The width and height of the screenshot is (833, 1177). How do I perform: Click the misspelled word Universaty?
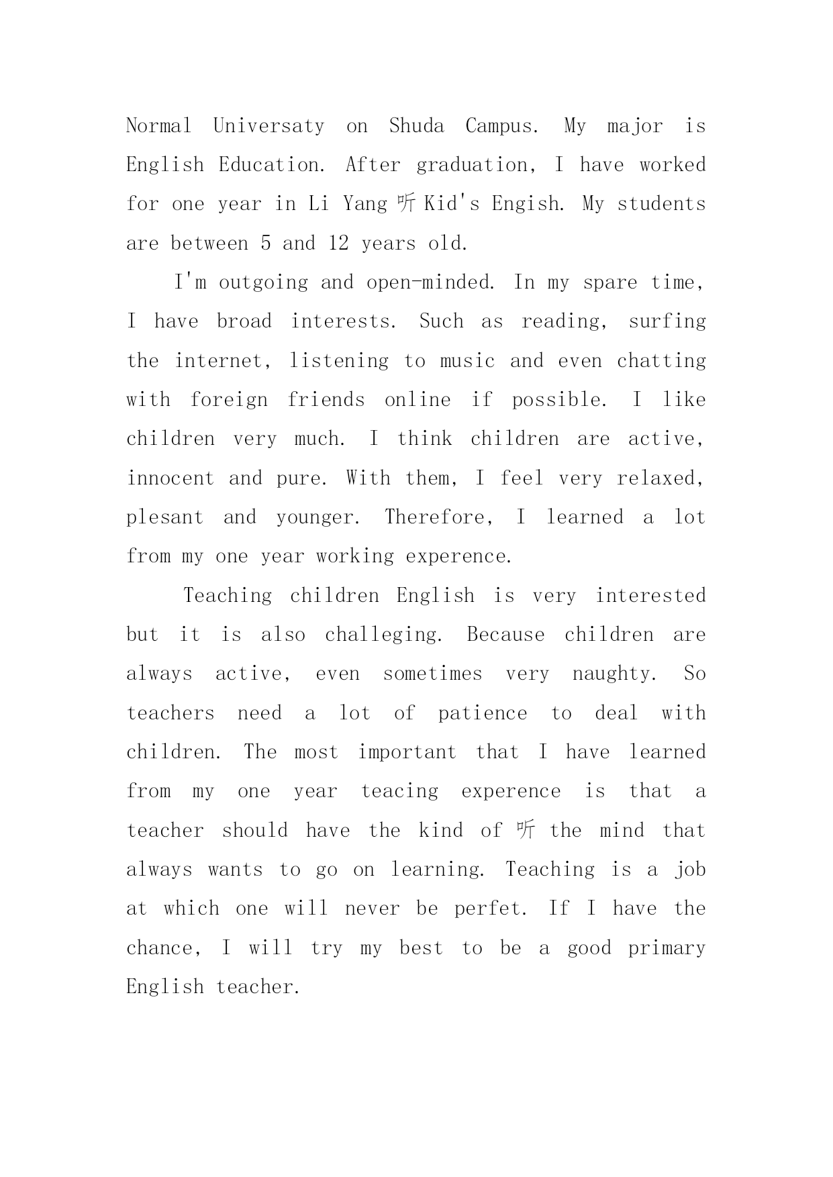click(268, 126)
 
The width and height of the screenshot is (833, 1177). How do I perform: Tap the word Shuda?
click(416, 126)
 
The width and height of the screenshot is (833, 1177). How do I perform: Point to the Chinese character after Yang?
click(407, 204)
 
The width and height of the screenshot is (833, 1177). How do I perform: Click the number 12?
click(338, 244)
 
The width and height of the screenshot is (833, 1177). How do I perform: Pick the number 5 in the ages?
click(266, 244)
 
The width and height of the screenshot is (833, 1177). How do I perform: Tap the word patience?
click(483, 713)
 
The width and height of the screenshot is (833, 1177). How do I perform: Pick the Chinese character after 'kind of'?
click(526, 831)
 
